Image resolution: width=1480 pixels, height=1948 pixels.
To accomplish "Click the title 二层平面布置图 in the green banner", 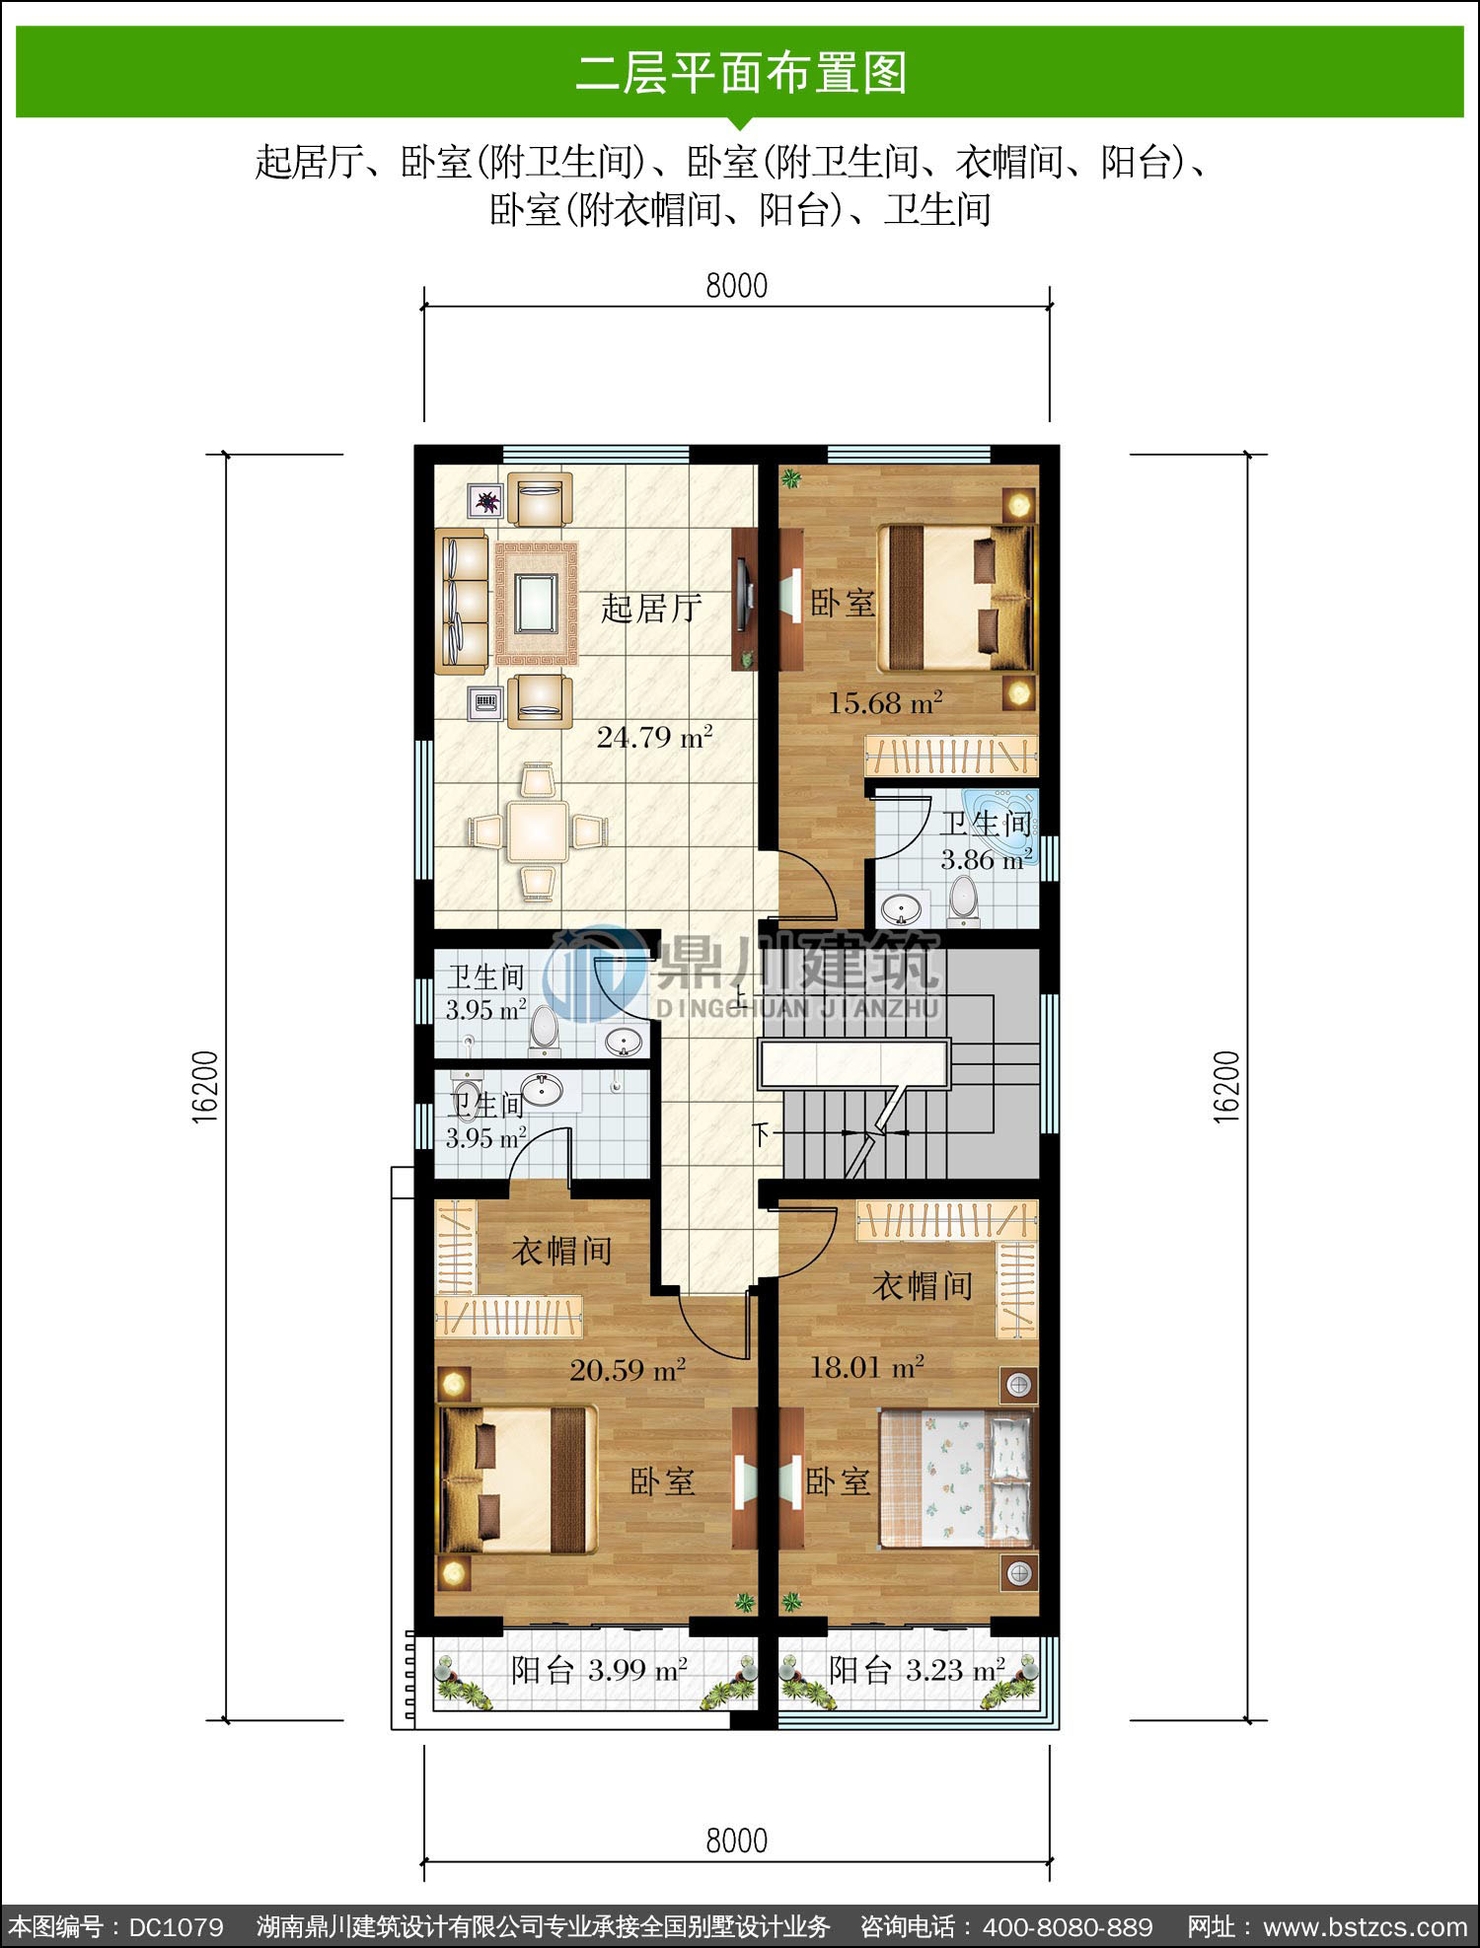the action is (740, 73).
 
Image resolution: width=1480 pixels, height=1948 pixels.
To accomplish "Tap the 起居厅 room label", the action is (651, 608).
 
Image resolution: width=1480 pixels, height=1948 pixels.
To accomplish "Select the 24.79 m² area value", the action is (654, 737).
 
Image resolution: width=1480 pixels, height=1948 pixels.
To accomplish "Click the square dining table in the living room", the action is (537, 830).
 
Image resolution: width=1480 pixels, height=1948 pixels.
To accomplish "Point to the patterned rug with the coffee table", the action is (536, 603).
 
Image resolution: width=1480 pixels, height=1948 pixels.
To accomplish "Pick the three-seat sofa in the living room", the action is (462, 601).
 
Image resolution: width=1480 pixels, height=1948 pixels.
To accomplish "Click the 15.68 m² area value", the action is (885, 702).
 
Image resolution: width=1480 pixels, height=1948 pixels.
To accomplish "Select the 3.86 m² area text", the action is (987, 859).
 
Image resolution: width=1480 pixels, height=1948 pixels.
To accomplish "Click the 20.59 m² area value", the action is (628, 1369).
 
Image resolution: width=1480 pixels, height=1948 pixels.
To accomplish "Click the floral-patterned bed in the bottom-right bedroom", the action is (956, 1479).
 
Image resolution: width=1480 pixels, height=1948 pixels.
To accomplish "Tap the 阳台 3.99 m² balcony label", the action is (599, 1670).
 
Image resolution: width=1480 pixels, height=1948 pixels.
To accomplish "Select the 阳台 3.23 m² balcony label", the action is (917, 1670).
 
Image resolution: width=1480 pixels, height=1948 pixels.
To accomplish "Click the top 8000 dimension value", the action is (736, 285).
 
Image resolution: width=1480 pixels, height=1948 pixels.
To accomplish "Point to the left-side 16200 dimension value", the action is (204, 1087).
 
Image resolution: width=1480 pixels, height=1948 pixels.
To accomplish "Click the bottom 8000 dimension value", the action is (736, 1840).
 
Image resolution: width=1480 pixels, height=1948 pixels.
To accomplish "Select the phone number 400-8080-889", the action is (1068, 1926).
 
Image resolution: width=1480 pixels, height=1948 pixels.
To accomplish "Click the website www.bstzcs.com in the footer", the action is (1366, 1926).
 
